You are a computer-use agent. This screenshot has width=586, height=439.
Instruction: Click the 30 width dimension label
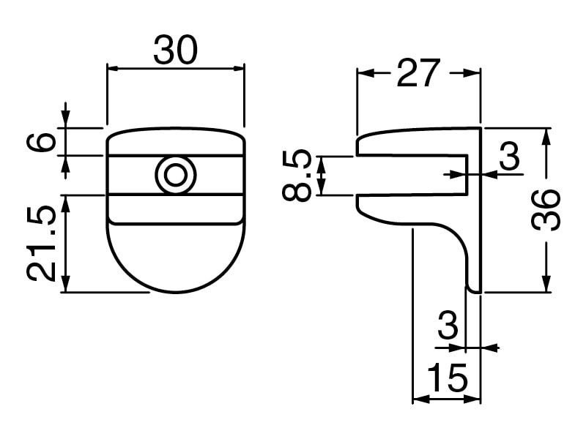point(175,50)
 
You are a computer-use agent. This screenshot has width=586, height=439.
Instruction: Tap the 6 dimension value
point(41,142)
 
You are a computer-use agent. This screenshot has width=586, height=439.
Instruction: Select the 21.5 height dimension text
point(41,244)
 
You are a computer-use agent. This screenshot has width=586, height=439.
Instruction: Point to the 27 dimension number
point(418,72)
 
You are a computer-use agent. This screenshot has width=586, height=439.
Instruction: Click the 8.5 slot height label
point(297,176)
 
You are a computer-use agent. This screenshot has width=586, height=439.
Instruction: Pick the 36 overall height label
point(546,210)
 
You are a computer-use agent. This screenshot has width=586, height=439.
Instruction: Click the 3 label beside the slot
point(509,156)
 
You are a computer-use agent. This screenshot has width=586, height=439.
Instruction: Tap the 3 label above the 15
point(448,325)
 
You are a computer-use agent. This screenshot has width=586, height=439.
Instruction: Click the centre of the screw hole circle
point(175,175)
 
